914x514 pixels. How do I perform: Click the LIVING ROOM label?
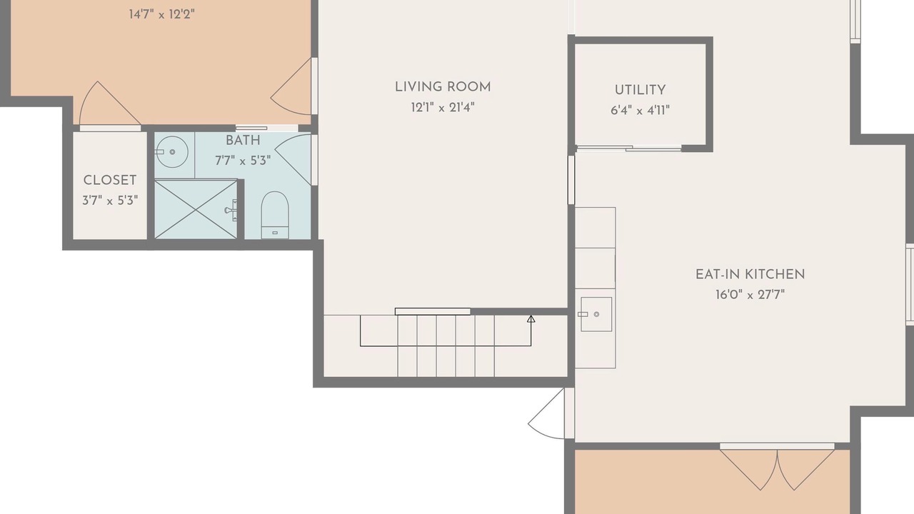(x=443, y=87)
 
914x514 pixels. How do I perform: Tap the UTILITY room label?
(x=640, y=90)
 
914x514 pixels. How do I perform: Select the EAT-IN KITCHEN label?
(x=750, y=275)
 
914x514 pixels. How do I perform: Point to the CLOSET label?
(x=110, y=181)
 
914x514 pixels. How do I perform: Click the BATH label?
(x=243, y=141)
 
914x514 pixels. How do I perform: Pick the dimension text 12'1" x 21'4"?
(x=443, y=107)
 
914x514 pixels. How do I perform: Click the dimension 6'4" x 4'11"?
(x=640, y=110)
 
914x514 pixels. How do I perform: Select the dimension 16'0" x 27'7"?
(x=750, y=294)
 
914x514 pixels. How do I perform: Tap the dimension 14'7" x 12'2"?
(x=161, y=15)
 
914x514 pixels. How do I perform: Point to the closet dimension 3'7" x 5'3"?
(x=110, y=201)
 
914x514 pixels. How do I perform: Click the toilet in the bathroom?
(x=275, y=215)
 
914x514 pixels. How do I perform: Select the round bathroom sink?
(x=172, y=152)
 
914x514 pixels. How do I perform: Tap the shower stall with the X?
(x=196, y=209)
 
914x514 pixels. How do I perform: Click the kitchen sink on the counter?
(x=596, y=314)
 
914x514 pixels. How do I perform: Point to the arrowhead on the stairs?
(x=531, y=318)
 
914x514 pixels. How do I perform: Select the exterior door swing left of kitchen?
(x=546, y=413)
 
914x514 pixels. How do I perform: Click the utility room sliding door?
(x=628, y=148)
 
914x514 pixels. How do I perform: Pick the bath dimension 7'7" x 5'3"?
(x=243, y=161)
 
